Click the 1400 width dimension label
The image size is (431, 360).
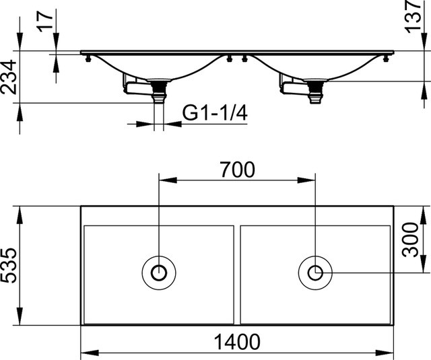[237, 342]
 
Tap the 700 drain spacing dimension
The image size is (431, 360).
[237, 170]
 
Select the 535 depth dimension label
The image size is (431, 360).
[8, 266]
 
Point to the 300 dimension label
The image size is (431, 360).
[410, 240]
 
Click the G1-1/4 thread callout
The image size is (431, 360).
[215, 113]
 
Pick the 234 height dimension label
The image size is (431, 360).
[8, 77]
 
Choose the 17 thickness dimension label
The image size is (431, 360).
[45, 21]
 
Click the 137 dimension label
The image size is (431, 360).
[413, 16]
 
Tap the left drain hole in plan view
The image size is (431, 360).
[159, 273]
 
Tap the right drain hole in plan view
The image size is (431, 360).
[315, 273]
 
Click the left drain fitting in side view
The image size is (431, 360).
[159, 91]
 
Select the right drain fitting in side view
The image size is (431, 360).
[316, 92]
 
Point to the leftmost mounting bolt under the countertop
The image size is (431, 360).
[88, 59]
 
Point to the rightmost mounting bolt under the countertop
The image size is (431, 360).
[386, 59]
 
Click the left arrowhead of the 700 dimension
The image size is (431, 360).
[168, 180]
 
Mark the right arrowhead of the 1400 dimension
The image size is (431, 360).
[385, 353]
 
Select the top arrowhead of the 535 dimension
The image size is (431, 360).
[20, 215]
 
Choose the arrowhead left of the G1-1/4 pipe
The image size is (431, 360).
[145, 124]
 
